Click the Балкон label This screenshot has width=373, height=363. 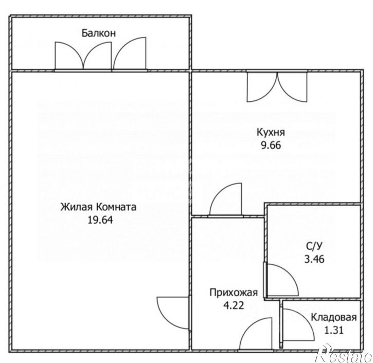click(x=98, y=33)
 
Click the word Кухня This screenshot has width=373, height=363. click(x=271, y=132)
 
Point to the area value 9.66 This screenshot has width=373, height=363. click(x=271, y=144)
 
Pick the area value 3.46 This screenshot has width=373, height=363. click(x=314, y=259)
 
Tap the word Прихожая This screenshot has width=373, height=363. click(x=233, y=294)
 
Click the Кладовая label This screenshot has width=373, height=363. click(x=334, y=317)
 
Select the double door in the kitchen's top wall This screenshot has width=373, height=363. click(x=278, y=86)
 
